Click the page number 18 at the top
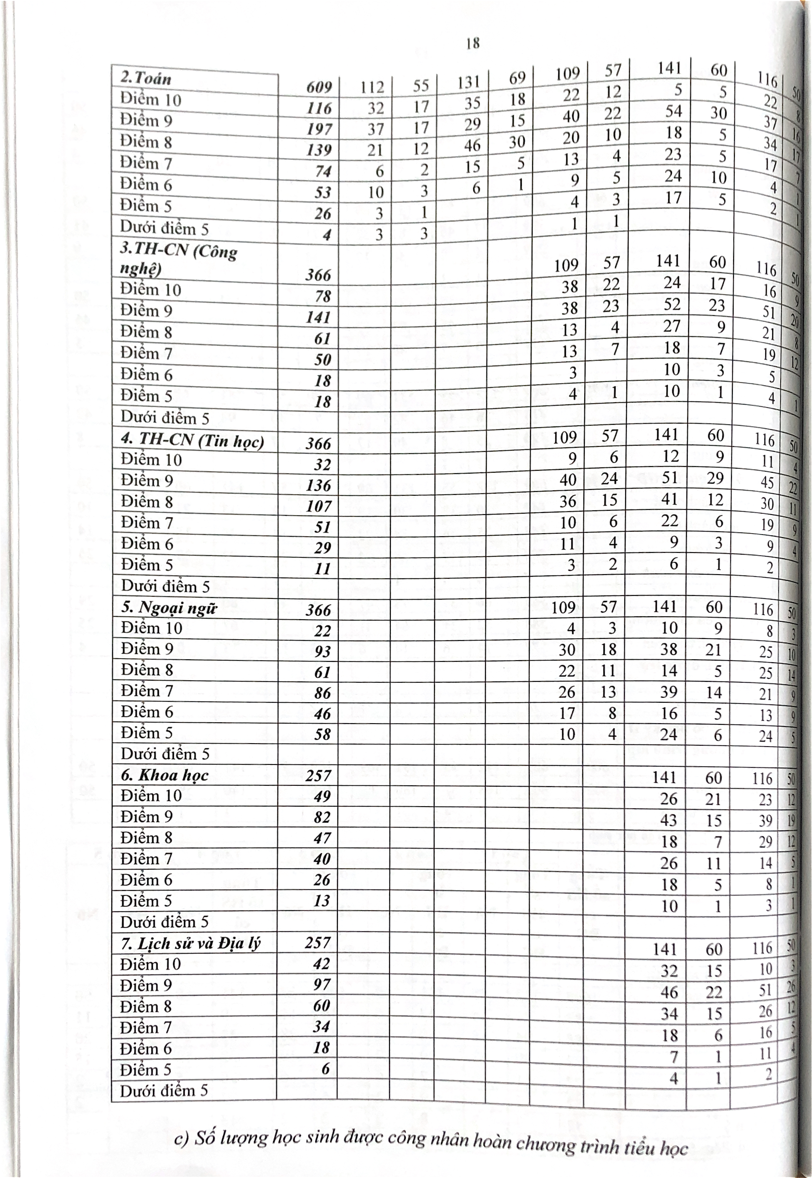[472, 44]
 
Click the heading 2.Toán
[146, 78]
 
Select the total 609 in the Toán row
[319, 88]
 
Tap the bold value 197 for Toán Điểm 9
[319, 129]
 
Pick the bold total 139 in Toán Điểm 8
[319, 150]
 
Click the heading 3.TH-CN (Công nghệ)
[178, 260]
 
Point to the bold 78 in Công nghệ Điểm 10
[322, 296]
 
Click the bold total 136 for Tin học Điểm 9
[319, 485]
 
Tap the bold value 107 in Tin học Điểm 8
[319, 506]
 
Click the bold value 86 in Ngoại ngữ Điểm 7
[322, 693]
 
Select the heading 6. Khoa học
[165, 775]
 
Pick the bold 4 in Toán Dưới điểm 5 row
[327, 235]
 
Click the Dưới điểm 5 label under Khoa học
[164, 922]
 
